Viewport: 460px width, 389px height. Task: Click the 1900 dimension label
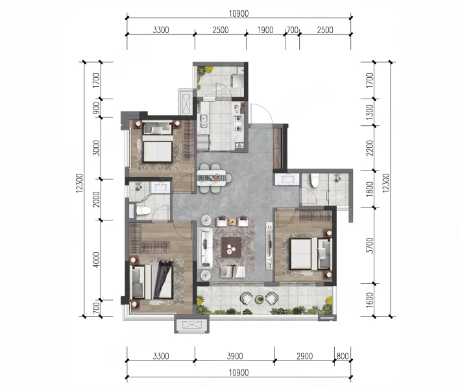click(265, 30)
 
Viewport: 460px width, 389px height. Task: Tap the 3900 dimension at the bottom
click(235, 356)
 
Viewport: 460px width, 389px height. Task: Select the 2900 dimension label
click(304, 356)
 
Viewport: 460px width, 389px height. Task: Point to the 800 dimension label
click(343, 356)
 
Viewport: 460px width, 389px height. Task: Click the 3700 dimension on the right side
click(370, 246)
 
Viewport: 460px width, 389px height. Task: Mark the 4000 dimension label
click(96, 260)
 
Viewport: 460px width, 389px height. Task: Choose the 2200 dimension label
click(370, 148)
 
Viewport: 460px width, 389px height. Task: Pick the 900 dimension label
click(96, 108)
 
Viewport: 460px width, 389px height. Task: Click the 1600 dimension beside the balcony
click(370, 300)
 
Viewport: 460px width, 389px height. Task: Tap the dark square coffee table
click(232, 248)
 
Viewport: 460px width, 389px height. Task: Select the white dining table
click(212, 178)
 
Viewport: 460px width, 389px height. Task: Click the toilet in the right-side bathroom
click(315, 180)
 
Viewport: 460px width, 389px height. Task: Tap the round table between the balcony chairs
click(259, 299)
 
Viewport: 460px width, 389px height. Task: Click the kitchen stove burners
click(238, 123)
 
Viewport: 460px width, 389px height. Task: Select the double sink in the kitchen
click(203, 122)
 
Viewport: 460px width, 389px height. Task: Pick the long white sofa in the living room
click(206, 248)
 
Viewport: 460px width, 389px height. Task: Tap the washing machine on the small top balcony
click(237, 80)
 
